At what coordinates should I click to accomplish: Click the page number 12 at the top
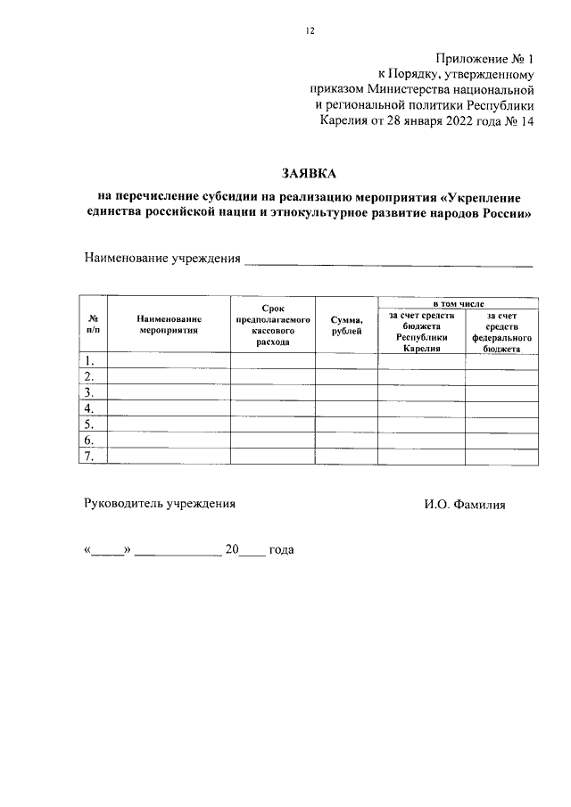coord(310,30)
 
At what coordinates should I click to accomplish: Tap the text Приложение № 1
coord(484,57)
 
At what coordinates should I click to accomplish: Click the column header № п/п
coord(93,324)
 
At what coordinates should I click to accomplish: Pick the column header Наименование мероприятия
coord(169,324)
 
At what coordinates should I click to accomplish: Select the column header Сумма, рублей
coord(346,324)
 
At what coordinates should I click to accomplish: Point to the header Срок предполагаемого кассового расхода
coord(272,324)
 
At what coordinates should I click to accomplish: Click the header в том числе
coord(458,303)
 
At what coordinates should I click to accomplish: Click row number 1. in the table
coord(90,361)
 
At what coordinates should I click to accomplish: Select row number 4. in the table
coord(90,409)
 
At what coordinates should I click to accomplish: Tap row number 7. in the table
coord(90,457)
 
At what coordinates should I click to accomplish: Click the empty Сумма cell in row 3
coord(346,393)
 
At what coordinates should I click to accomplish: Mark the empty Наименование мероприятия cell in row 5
coord(169,424)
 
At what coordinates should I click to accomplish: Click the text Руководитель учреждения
coord(160,504)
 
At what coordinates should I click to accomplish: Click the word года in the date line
coord(281,550)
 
